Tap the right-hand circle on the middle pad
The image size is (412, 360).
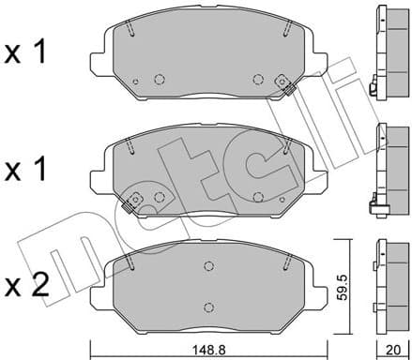point(257,196)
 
